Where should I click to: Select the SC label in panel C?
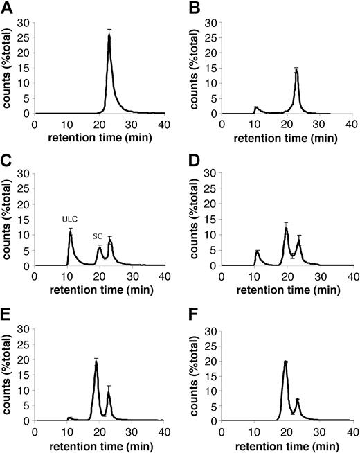(98, 236)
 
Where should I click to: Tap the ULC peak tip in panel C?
(70, 232)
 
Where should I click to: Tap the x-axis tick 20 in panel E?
(100, 431)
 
